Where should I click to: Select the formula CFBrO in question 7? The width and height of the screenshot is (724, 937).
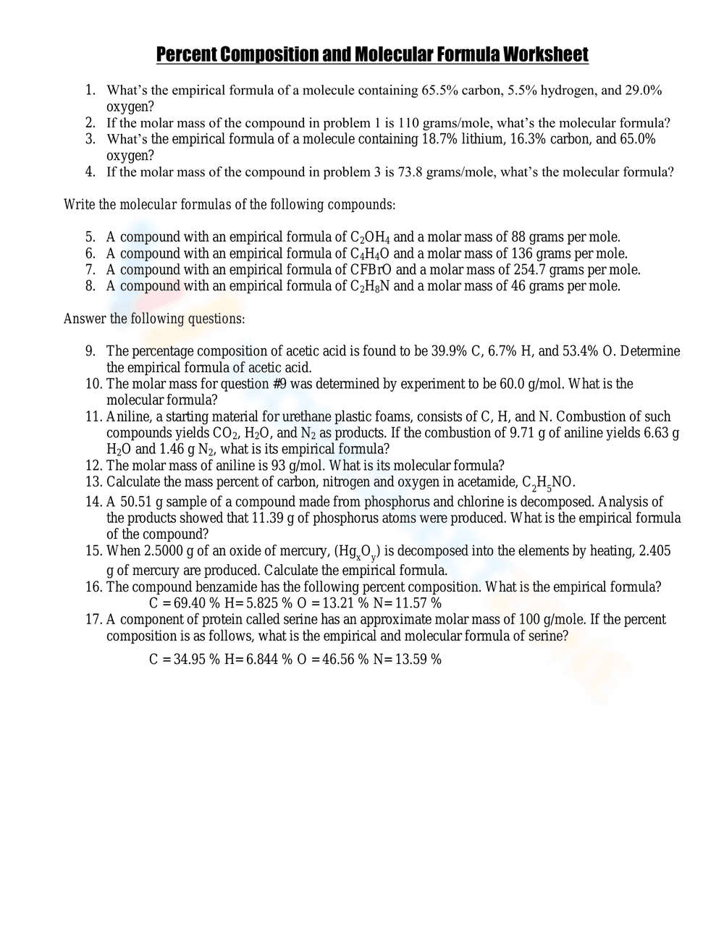[x=371, y=270]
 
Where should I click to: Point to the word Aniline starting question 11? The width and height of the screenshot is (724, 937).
[x=127, y=417]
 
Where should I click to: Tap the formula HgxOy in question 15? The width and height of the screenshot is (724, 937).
[x=357, y=552]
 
